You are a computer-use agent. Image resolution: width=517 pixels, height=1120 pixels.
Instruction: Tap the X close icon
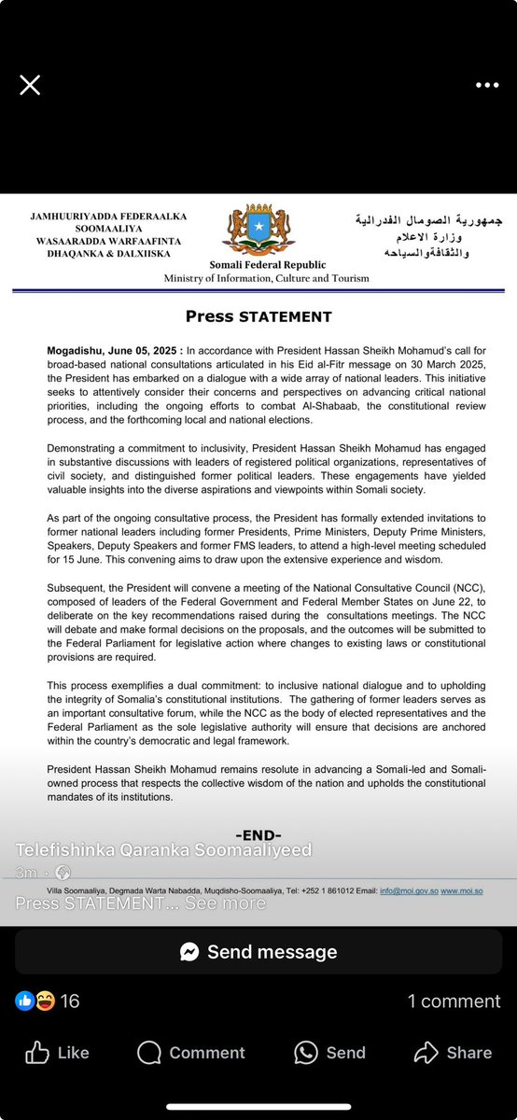[30, 85]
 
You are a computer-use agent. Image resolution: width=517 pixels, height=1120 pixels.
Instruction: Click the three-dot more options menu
[487, 85]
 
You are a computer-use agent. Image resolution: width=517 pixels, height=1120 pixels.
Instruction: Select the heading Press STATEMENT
[258, 316]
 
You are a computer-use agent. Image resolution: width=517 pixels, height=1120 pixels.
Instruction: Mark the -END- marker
[258, 834]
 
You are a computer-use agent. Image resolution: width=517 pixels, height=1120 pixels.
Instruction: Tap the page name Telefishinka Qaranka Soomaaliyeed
[163, 849]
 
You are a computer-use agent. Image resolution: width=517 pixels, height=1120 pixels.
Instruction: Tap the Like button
[57, 1053]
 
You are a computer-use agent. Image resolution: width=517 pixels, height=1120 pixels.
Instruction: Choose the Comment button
[191, 1053]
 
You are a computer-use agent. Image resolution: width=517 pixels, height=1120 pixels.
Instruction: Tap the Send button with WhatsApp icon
[329, 1053]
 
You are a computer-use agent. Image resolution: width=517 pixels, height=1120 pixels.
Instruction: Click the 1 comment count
[454, 1001]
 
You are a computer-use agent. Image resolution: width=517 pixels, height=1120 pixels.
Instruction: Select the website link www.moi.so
[461, 890]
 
